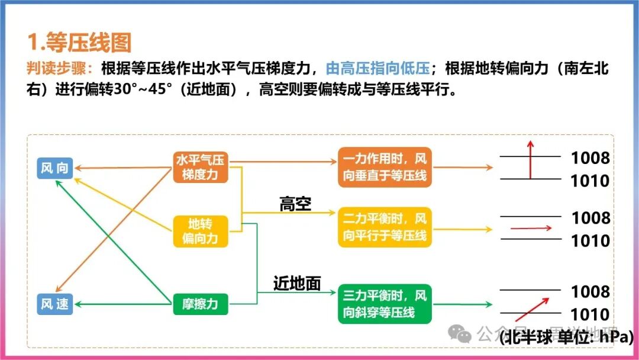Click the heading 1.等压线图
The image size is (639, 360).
[x=79, y=43]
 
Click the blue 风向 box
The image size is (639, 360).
[x=54, y=168]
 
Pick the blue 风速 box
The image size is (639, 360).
[x=54, y=304]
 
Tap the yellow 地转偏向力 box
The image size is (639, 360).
[x=200, y=231]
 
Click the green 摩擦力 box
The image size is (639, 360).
[x=200, y=304]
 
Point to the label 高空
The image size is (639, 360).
[x=295, y=204]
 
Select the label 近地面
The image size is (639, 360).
[x=297, y=284]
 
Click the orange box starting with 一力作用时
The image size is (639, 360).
[x=385, y=168]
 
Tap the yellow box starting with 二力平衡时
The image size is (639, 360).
[x=385, y=227]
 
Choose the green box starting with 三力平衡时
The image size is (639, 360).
[x=385, y=304]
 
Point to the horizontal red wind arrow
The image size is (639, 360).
[x=531, y=228]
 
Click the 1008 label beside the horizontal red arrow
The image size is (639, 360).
[x=590, y=218]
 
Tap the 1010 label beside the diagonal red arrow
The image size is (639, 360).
[x=590, y=314]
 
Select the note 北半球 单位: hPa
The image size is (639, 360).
[x=566, y=338]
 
